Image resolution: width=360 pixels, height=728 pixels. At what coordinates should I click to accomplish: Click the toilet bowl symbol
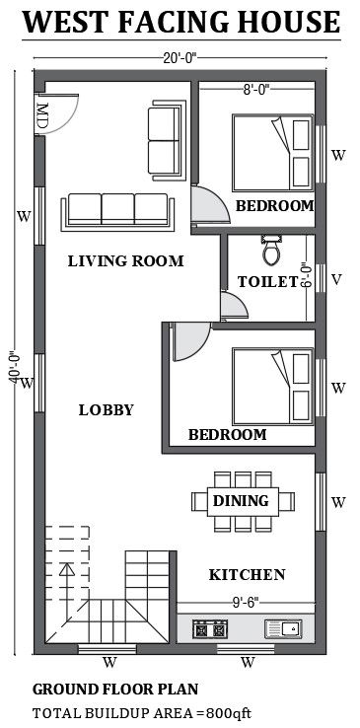pos(272,250)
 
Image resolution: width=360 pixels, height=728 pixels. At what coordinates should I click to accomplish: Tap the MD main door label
pos(42,115)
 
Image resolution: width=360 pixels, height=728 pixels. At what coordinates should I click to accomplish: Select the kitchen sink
pos(283,628)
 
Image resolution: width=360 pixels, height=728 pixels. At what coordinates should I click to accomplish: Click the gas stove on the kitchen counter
pos(209,629)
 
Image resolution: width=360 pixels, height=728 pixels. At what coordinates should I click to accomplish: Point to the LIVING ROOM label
pos(125,261)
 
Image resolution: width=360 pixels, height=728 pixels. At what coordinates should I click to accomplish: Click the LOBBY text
pos(107,410)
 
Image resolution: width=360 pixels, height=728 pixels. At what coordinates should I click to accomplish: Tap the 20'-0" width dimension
pos(180,57)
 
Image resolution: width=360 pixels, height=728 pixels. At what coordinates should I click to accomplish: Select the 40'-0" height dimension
pos(14,367)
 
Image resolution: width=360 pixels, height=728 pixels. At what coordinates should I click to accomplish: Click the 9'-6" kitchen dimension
pos(246,602)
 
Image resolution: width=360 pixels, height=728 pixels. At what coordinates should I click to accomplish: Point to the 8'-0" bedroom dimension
pos(256,90)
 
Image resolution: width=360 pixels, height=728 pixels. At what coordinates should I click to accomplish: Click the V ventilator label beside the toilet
pos(337,280)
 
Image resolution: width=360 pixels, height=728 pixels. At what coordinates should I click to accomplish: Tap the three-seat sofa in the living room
pos(117,212)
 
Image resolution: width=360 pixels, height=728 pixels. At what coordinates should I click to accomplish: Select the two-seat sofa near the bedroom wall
pos(167,140)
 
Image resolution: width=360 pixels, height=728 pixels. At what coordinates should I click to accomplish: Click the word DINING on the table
pos(241,500)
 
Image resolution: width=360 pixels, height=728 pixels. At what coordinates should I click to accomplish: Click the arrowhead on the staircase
pos(67,569)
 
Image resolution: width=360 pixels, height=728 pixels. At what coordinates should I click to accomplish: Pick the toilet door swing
pos(234,306)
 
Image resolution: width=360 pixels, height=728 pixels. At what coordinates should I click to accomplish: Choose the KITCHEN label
pos(247,575)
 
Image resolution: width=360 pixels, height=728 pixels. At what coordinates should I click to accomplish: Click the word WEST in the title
pos(66,22)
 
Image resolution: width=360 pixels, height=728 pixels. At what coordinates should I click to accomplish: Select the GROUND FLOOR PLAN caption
pos(115,689)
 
